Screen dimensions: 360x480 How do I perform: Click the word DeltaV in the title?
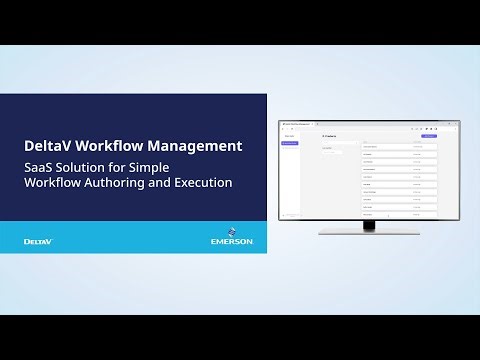(52, 146)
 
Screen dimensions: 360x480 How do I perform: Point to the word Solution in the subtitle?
(87, 167)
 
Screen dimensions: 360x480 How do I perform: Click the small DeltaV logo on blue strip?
(38, 241)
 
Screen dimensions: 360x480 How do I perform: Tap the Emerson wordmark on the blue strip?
(233, 242)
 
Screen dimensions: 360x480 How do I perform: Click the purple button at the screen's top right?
(430, 135)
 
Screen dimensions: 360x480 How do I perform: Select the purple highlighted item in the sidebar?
(289, 143)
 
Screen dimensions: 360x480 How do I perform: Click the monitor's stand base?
(369, 233)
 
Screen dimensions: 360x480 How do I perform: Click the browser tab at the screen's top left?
(300, 124)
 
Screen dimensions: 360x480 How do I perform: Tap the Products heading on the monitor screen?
(330, 135)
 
